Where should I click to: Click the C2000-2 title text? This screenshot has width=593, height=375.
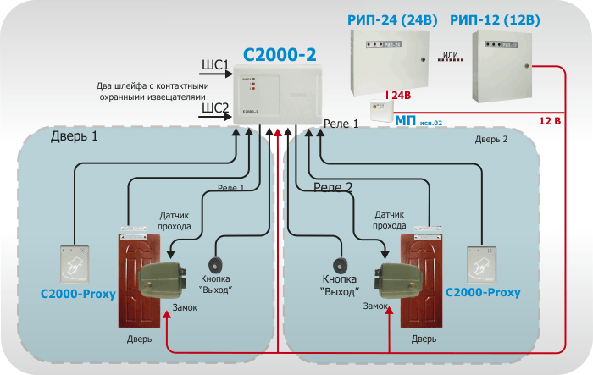pos(280,55)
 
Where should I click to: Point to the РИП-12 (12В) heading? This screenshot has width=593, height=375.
pos(496,18)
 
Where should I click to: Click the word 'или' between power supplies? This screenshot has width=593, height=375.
pos(451,54)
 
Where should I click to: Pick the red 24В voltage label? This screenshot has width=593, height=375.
pos(399,95)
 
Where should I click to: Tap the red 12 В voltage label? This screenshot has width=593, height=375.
pos(551,122)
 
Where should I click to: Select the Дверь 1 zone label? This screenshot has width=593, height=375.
pos(74,135)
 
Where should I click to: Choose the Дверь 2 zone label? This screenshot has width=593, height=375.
pos(491,139)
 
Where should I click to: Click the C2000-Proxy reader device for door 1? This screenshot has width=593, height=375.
pos(75,265)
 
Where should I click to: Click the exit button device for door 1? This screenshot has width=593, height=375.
pos(217,263)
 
